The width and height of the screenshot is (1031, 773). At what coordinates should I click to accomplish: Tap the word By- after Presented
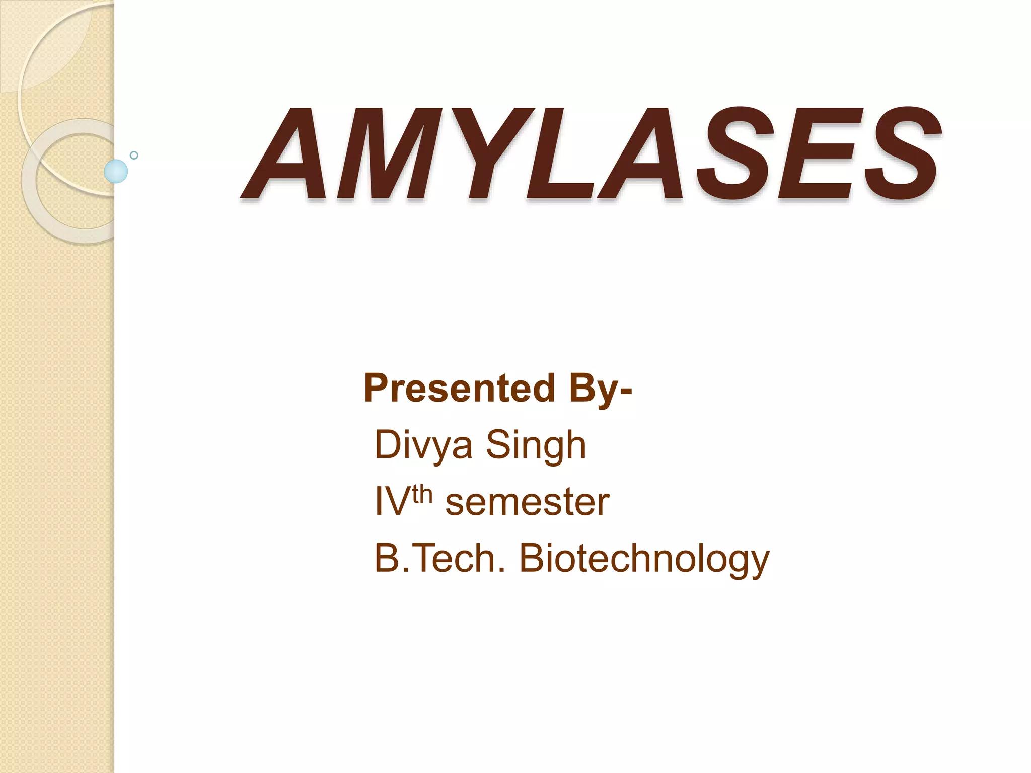pyautogui.click(x=601, y=388)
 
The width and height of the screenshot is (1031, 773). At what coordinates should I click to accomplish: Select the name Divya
pyautogui.click(x=423, y=445)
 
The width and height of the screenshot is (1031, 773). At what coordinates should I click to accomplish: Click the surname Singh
pyautogui.click(x=536, y=445)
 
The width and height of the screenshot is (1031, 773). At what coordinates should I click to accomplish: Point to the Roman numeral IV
pyautogui.click(x=392, y=502)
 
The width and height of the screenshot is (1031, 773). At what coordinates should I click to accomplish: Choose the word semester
pyautogui.click(x=527, y=502)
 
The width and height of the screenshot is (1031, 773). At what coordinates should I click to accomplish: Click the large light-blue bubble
pyautogui.click(x=116, y=171)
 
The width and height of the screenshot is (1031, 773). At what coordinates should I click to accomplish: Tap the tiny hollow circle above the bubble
pyautogui.click(x=134, y=155)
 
